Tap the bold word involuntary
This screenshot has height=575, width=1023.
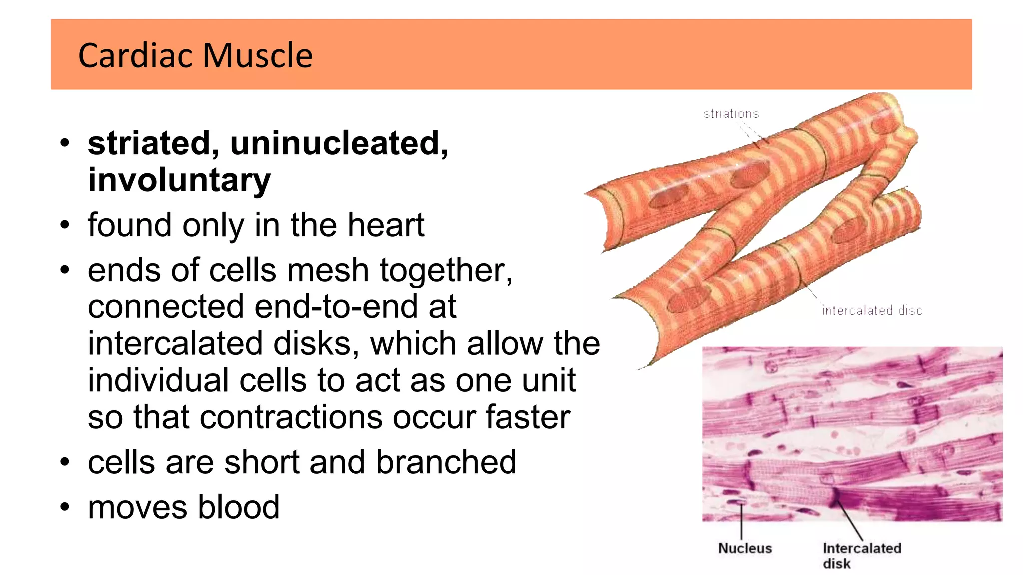coord(179,180)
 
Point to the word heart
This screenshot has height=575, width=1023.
coord(386,225)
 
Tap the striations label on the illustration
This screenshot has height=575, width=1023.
coord(731,114)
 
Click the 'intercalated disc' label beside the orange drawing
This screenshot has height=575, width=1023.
coord(872,310)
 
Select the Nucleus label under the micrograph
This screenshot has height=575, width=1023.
coord(745,548)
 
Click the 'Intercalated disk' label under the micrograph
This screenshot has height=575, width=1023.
coord(861,555)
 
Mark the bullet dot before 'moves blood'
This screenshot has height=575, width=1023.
coord(65,507)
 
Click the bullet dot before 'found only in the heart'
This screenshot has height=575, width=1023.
coord(65,225)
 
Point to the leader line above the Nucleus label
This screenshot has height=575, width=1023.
coord(741,521)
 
